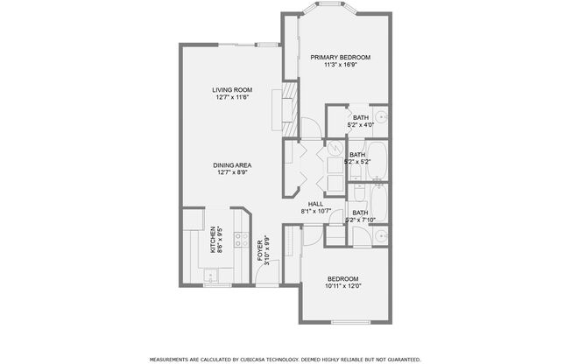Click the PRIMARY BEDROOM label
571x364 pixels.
(x=341, y=57)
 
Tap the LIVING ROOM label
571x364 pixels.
(x=232, y=90)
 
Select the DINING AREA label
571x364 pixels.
(x=232, y=165)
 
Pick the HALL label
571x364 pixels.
(x=315, y=204)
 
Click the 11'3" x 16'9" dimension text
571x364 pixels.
(x=341, y=64)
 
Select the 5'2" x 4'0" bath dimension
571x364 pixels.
(x=360, y=125)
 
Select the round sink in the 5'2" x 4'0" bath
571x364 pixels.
(x=381, y=117)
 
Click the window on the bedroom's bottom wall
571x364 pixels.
(x=345, y=323)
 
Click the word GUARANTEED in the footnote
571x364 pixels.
(x=401, y=359)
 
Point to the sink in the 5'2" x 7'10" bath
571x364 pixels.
(x=380, y=235)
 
